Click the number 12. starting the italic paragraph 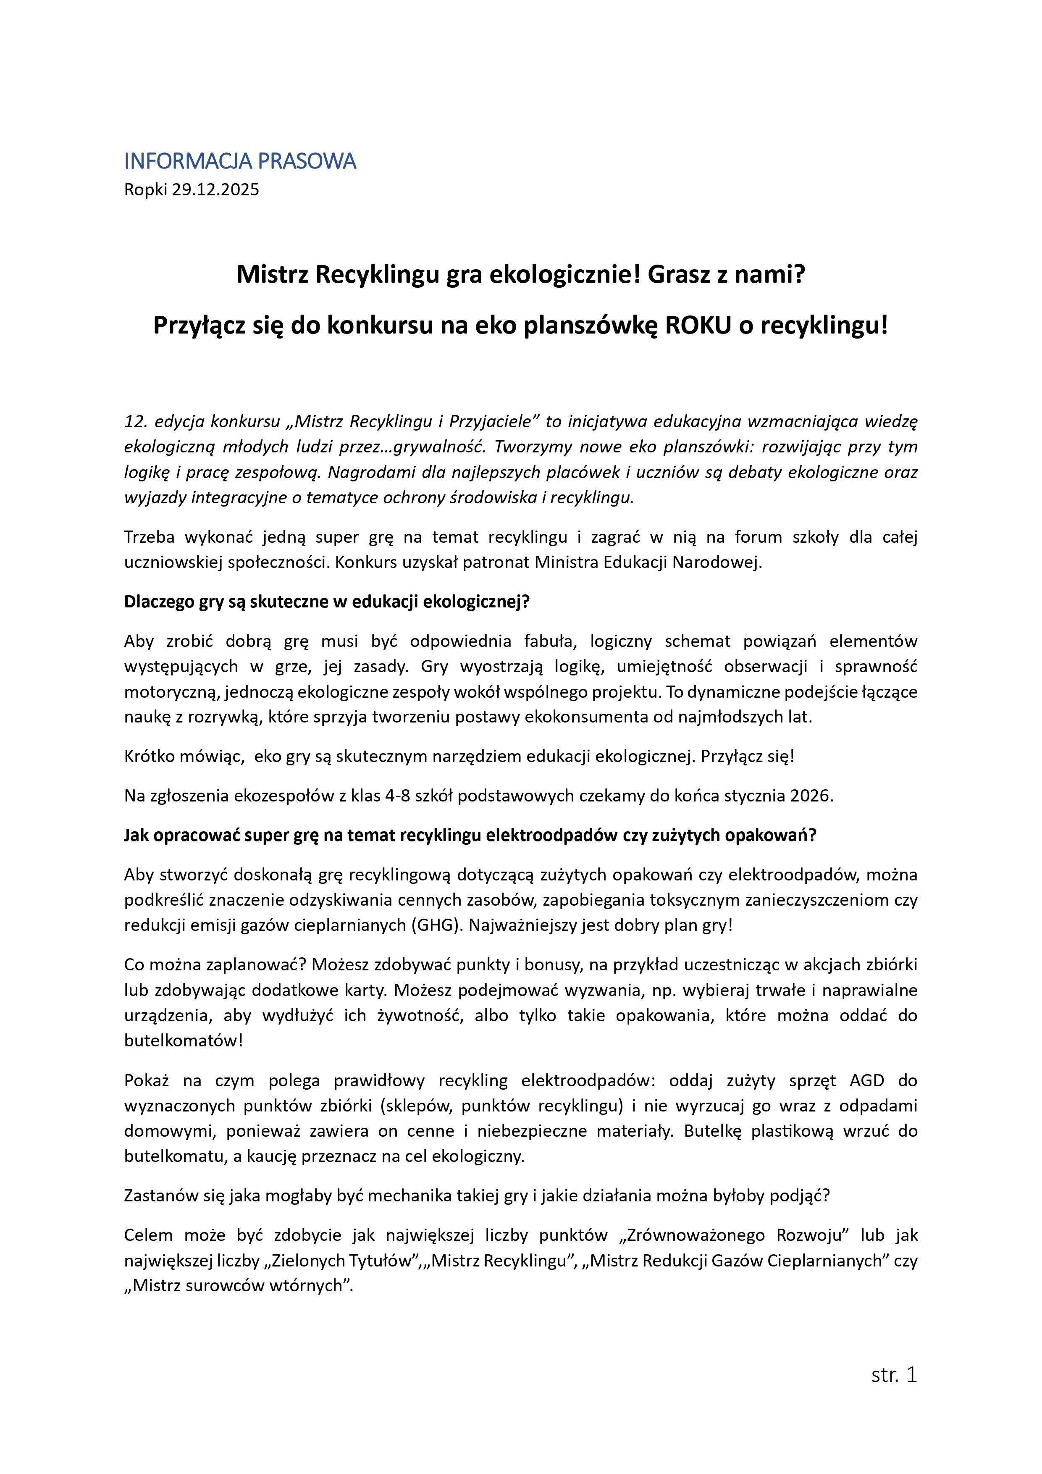coord(136,421)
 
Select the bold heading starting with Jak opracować coord(470,835)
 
